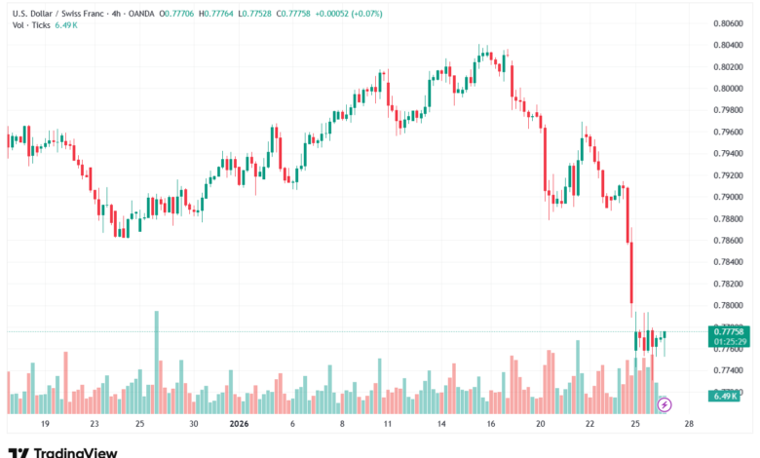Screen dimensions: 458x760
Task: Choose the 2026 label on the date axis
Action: (239, 425)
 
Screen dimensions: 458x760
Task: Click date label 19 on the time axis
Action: (44, 425)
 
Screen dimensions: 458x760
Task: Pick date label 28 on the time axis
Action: (688, 425)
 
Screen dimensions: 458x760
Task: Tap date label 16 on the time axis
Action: (490, 425)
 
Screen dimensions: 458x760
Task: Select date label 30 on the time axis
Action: (194, 425)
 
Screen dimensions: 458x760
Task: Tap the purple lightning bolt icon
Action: (665, 403)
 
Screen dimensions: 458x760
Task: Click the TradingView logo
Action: (62, 451)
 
